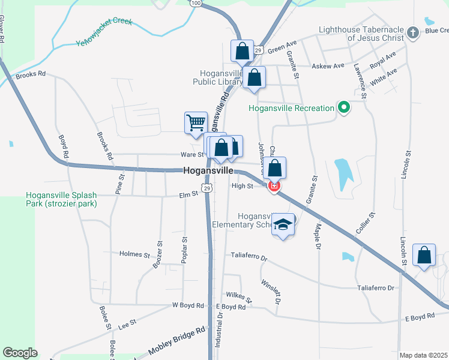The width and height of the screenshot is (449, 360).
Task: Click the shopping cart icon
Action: (196, 122)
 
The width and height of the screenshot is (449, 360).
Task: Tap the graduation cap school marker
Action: (283, 225)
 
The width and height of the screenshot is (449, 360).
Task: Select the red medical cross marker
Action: (274, 187)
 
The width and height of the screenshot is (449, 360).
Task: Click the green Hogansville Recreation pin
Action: (343, 108)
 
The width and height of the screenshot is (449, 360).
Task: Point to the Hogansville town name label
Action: (208, 171)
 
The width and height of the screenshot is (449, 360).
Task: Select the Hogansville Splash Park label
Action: (61, 199)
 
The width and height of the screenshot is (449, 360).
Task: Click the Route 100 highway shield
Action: (196, 3)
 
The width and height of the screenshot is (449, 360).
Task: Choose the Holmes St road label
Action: (134, 254)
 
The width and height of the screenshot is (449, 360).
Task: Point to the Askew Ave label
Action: (330, 65)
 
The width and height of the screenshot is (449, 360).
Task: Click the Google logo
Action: (20, 352)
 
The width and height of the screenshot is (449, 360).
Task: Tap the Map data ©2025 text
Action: (423, 355)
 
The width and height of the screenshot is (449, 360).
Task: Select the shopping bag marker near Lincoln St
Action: (424, 256)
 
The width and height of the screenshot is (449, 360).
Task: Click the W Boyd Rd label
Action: (188, 305)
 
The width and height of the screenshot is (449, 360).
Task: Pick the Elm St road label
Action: (188, 196)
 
